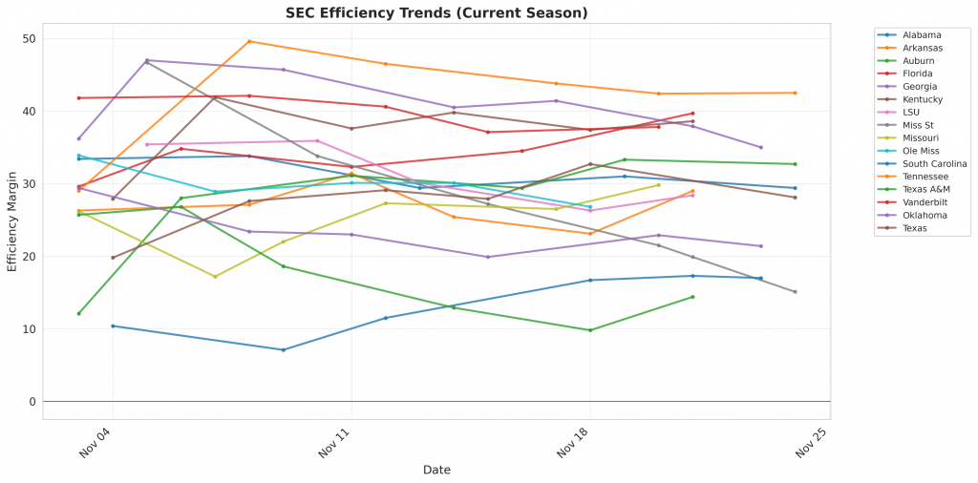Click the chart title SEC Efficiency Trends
tap(436, 12)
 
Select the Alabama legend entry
tap(922, 35)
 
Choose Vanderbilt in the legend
tap(926, 201)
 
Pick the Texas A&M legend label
tap(926, 189)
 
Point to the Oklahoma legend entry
tap(925, 215)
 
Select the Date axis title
tap(436, 471)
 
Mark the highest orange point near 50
tap(249, 41)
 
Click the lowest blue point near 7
tap(283, 349)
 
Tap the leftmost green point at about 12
tap(79, 313)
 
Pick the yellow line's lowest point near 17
tap(215, 277)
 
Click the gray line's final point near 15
tap(795, 292)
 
